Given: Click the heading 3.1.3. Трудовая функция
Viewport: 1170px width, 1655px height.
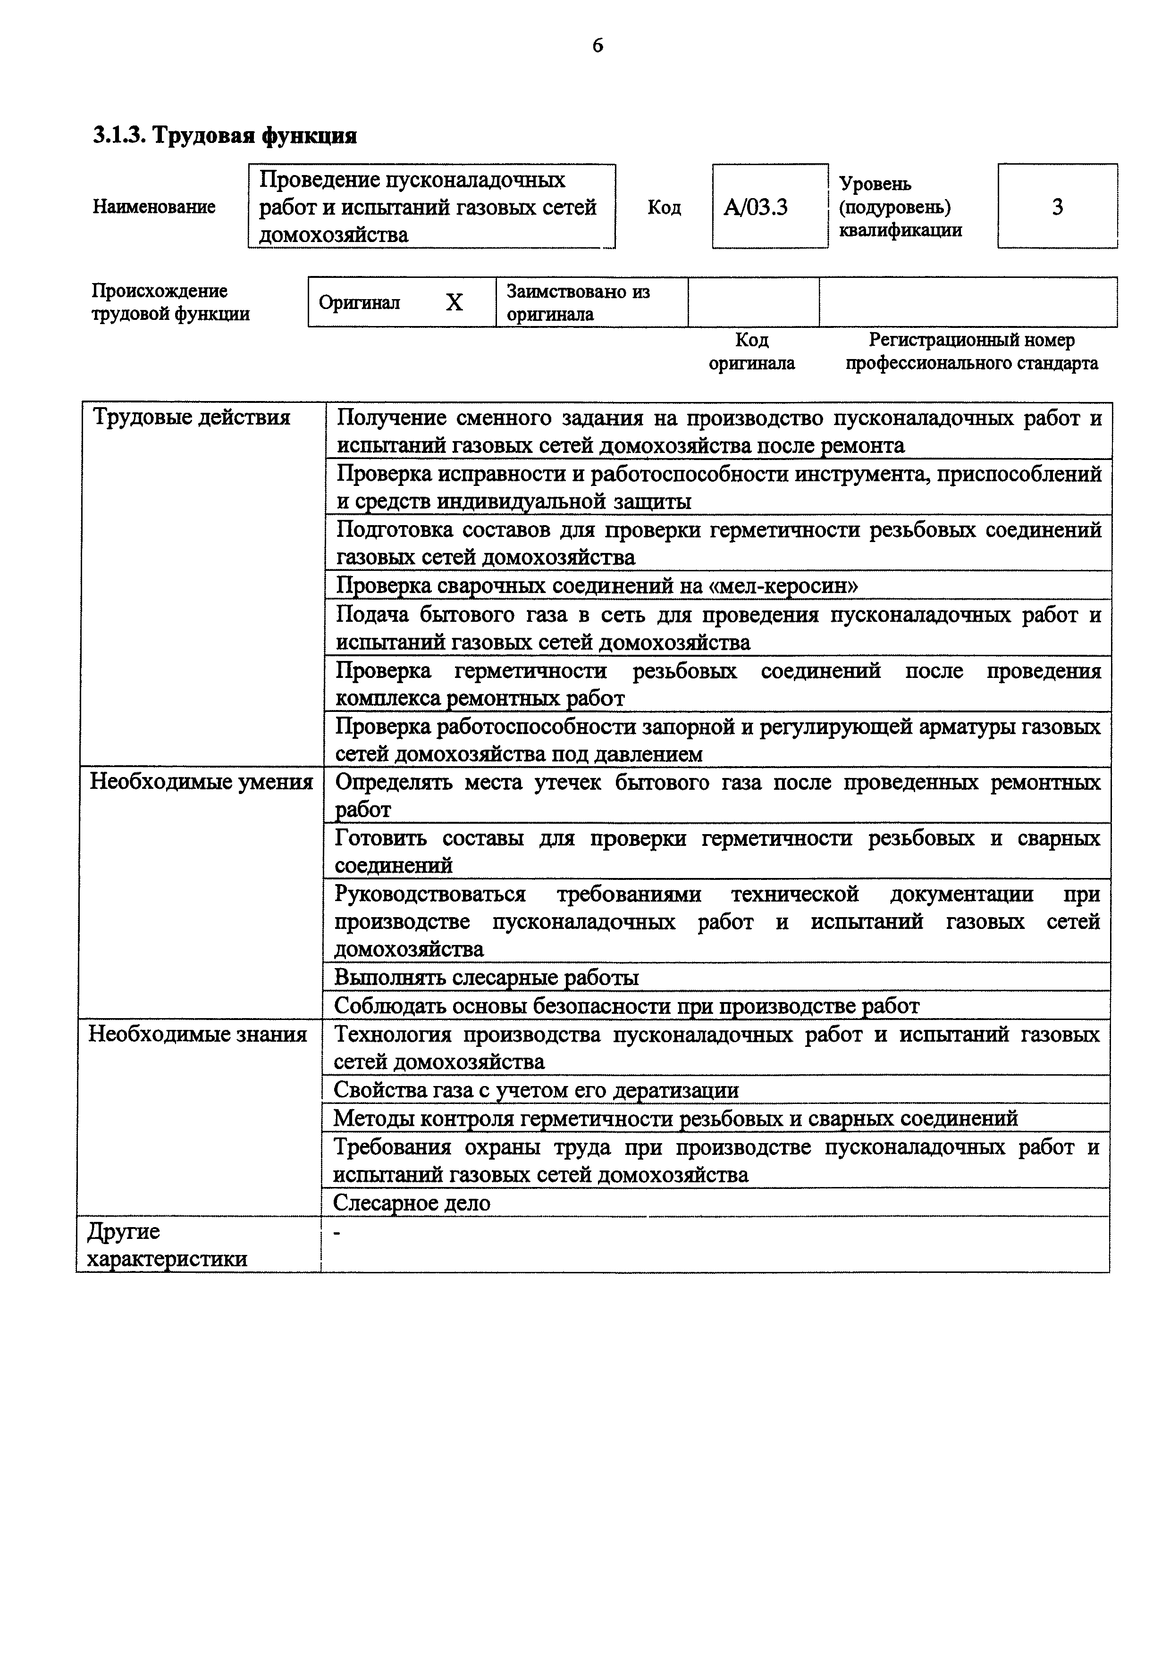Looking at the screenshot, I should tap(225, 135).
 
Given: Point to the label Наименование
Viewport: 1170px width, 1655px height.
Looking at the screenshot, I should tap(153, 207).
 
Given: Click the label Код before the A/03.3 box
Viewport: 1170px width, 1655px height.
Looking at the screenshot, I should tap(664, 208).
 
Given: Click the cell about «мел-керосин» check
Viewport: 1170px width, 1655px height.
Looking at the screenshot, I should tap(597, 585).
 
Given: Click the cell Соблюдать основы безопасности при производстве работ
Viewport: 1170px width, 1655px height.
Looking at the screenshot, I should tap(626, 1005).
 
